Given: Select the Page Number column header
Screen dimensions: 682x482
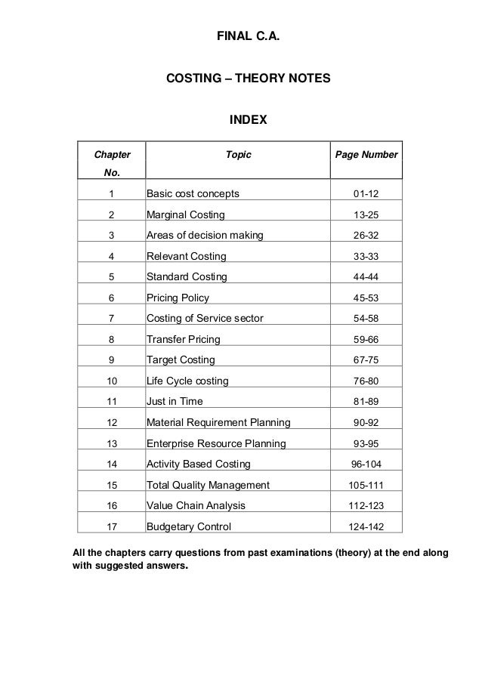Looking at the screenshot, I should [366, 155].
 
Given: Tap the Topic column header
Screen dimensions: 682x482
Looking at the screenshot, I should [239, 155].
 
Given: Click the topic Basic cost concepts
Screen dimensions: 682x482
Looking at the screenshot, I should [192, 194].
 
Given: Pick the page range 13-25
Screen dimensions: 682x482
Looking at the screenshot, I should [366, 214].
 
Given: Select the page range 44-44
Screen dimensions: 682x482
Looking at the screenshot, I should [366, 276].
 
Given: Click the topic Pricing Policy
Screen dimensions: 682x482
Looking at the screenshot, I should [178, 298].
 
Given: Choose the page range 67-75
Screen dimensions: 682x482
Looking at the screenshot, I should [366, 360].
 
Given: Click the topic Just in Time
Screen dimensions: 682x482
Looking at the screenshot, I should [175, 401].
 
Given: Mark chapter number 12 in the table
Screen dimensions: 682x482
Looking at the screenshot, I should [112, 422].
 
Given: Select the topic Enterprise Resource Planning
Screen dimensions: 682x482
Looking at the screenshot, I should [216, 443].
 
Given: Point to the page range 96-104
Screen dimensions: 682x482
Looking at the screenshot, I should [366, 464].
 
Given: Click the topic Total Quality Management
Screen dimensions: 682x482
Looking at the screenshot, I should [207, 485].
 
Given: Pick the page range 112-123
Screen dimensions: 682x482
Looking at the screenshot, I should [366, 505].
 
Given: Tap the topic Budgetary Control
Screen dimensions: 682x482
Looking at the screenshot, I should [188, 526].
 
